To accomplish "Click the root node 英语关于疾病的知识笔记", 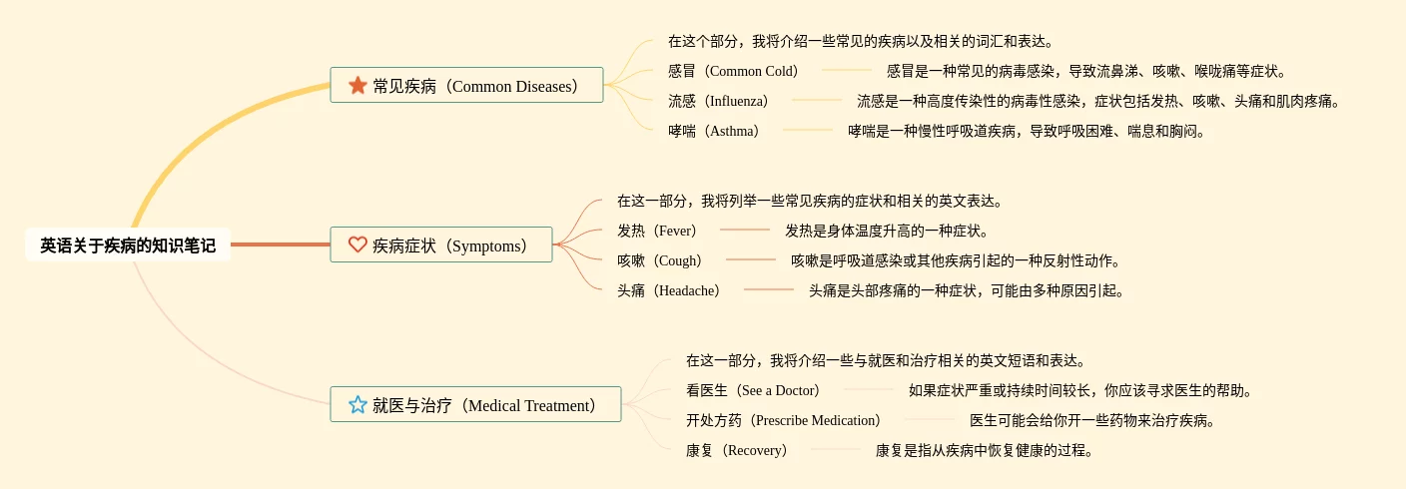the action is tap(128, 245).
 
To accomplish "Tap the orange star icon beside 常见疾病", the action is tap(357, 85).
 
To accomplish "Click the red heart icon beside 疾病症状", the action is tap(357, 244).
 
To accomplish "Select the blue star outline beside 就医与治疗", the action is tap(357, 404).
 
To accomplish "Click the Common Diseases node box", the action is tap(466, 85).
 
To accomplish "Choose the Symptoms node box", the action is tap(441, 244).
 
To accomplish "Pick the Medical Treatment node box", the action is tap(475, 404).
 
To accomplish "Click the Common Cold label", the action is tap(733, 71).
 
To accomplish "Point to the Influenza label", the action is tap(718, 101).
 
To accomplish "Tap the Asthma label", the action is tap(714, 131).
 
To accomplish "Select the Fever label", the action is tap(656, 231).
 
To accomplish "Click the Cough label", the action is tap(660, 260).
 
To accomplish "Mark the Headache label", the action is tap(668, 290).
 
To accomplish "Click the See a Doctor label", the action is tap(753, 390).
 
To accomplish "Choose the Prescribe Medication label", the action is tap(783, 420).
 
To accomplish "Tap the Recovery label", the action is tap(736, 450).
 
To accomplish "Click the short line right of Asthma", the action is tap(808, 130).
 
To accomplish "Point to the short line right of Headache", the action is tap(769, 289).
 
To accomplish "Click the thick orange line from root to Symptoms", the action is tap(281, 244).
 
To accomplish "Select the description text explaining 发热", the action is tap(887, 231).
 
